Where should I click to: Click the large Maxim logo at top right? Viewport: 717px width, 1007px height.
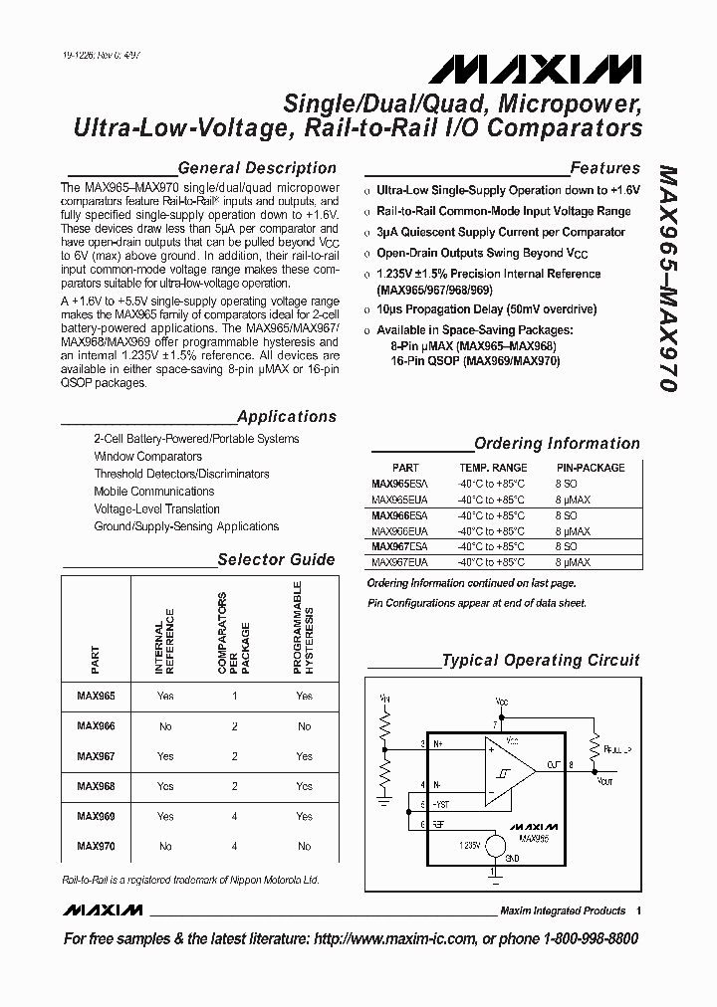536,71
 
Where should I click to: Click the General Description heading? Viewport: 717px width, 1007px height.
256,168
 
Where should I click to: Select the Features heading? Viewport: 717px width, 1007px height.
604,168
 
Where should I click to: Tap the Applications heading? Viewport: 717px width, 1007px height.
287,417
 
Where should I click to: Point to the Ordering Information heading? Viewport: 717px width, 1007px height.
557,444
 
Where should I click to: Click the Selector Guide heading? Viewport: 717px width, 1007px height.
276,559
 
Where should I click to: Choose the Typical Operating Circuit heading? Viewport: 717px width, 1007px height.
541,660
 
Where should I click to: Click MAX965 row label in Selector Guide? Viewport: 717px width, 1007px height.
96,697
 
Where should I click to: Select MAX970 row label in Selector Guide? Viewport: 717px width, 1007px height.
96,846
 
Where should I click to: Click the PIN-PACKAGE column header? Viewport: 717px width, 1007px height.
591,468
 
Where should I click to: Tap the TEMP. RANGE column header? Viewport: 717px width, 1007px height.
493,468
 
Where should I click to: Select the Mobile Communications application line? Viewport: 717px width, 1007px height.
153,492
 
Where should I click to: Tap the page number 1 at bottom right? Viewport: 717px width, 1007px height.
638,910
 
